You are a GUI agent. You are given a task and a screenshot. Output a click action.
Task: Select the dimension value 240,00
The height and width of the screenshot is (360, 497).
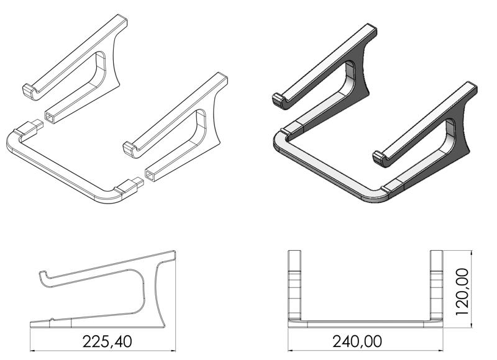point(357,342)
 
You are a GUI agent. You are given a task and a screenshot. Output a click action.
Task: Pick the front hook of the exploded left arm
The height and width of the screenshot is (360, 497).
point(30,90)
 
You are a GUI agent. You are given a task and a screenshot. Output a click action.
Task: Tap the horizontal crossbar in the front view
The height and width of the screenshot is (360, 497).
point(365,323)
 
